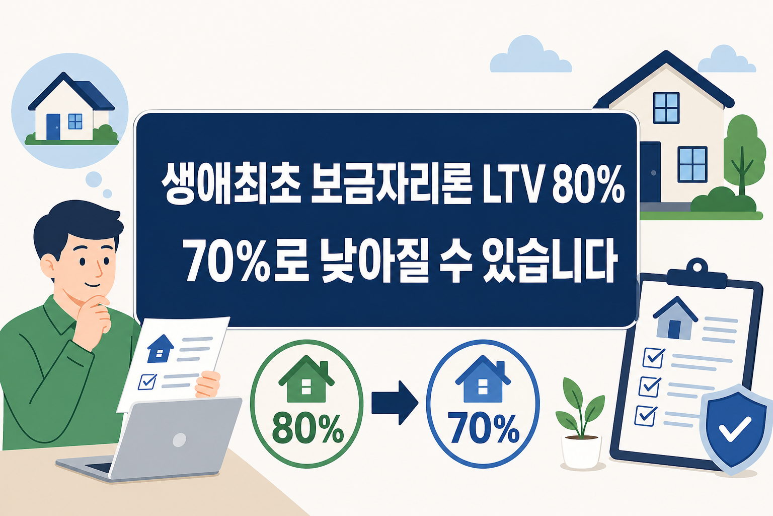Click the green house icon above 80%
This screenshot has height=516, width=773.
[306, 380]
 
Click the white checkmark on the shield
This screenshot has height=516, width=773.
[735, 430]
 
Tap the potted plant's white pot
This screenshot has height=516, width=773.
[581, 451]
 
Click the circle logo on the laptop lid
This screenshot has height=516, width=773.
[179, 440]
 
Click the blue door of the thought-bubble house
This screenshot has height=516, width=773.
[53, 126]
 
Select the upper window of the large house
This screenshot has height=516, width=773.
[666, 108]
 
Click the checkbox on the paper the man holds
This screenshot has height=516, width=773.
[147, 381]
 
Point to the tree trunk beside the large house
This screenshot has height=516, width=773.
[742, 174]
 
